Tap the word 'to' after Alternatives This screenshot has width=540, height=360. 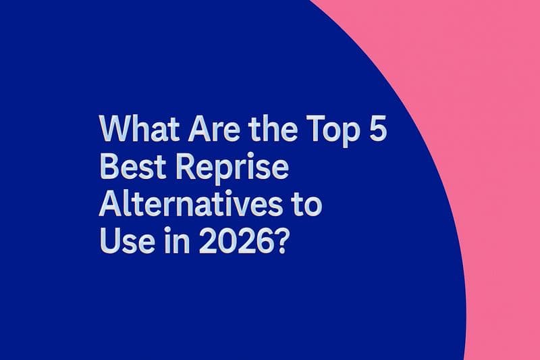(x=306, y=203)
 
